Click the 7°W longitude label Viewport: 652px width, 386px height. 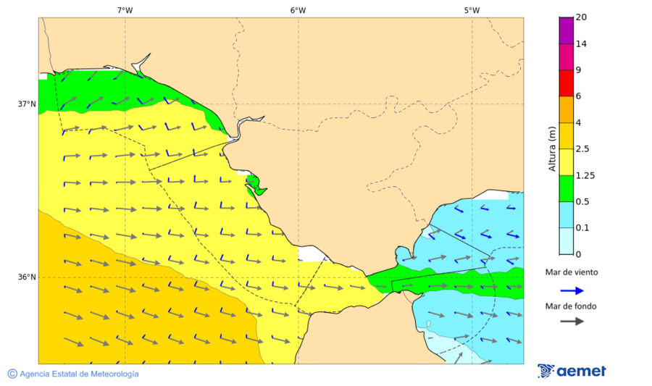(125, 10)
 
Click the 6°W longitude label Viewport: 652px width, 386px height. (298, 10)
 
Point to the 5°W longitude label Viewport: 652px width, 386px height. (472, 10)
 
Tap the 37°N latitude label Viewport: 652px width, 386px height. (27, 104)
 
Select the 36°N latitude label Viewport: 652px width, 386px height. (27, 277)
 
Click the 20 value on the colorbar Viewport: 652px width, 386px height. (580, 17)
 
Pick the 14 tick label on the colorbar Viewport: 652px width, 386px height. (580, 43)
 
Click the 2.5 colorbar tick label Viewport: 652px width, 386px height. (582, 149)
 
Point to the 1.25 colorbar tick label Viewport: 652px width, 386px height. (585, 175)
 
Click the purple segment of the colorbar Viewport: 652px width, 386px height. (566, 30)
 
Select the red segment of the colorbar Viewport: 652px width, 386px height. (566, 83)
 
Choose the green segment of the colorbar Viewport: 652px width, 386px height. (566, 188)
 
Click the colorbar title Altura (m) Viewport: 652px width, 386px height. (552, 148)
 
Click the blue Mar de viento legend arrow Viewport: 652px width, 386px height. (572, 291)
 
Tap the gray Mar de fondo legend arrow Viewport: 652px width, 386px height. (572, 321)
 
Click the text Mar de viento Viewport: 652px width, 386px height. (572, 272)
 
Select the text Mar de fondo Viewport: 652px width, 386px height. (572, 306)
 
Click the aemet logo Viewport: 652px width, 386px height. (572, 371)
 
